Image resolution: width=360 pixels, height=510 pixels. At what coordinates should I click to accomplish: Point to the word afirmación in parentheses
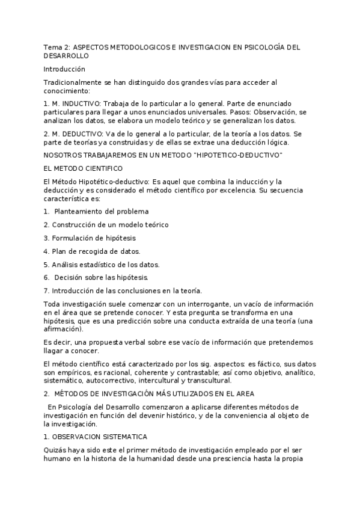(x=64, y=329)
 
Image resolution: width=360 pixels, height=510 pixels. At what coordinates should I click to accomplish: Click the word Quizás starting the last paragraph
(x=55, y=450)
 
